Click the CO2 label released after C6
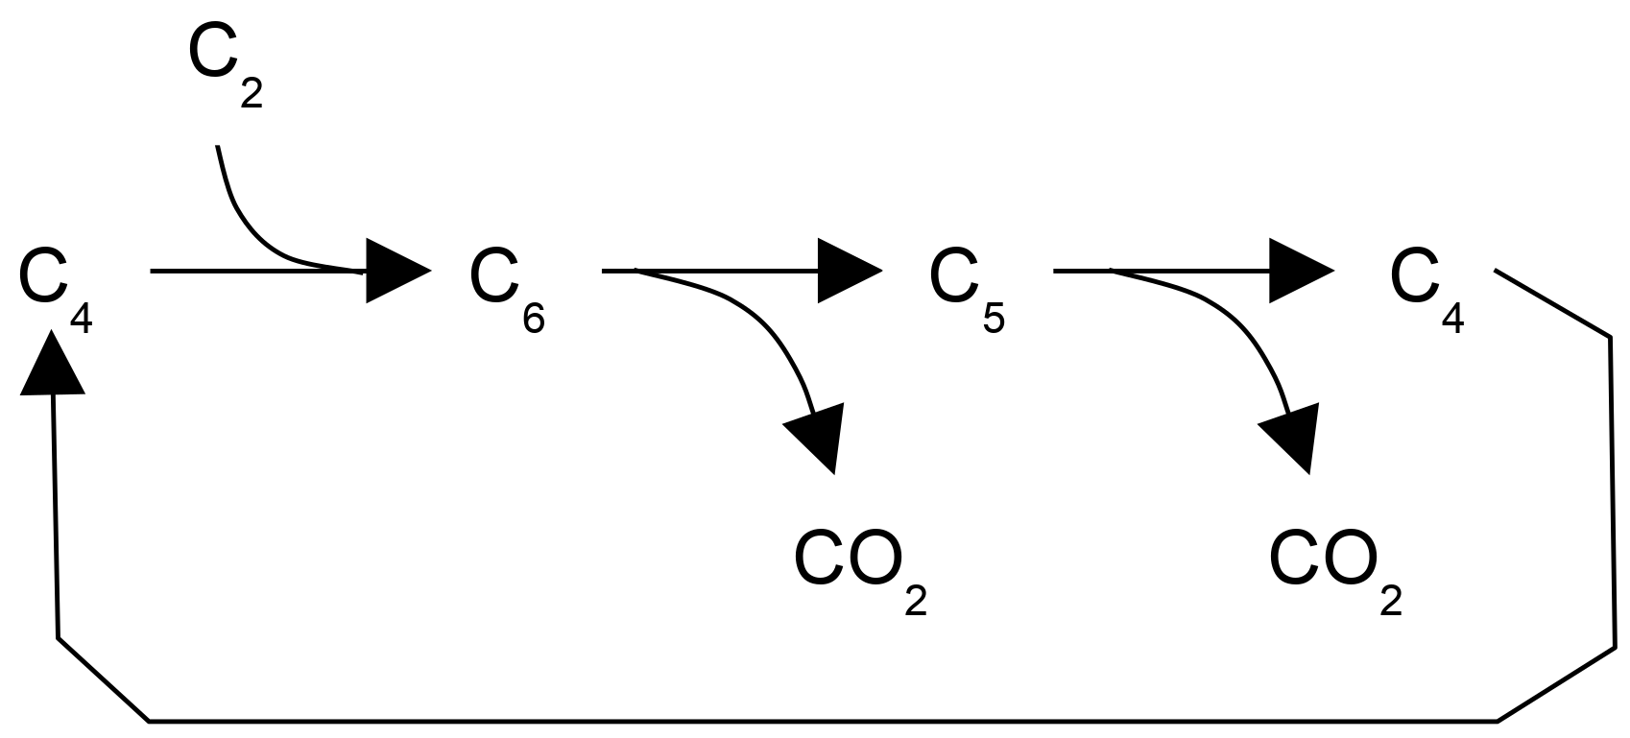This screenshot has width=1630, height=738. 860,571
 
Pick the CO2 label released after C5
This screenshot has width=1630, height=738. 1335,571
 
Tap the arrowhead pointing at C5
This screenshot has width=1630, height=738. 848,272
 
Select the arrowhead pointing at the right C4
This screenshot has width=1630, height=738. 1300,272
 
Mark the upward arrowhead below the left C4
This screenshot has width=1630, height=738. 51,363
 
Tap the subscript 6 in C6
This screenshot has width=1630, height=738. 534,319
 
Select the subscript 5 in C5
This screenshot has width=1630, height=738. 994,319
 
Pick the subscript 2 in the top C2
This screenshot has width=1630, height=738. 251,94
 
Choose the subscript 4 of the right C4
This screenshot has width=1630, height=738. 1453,319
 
